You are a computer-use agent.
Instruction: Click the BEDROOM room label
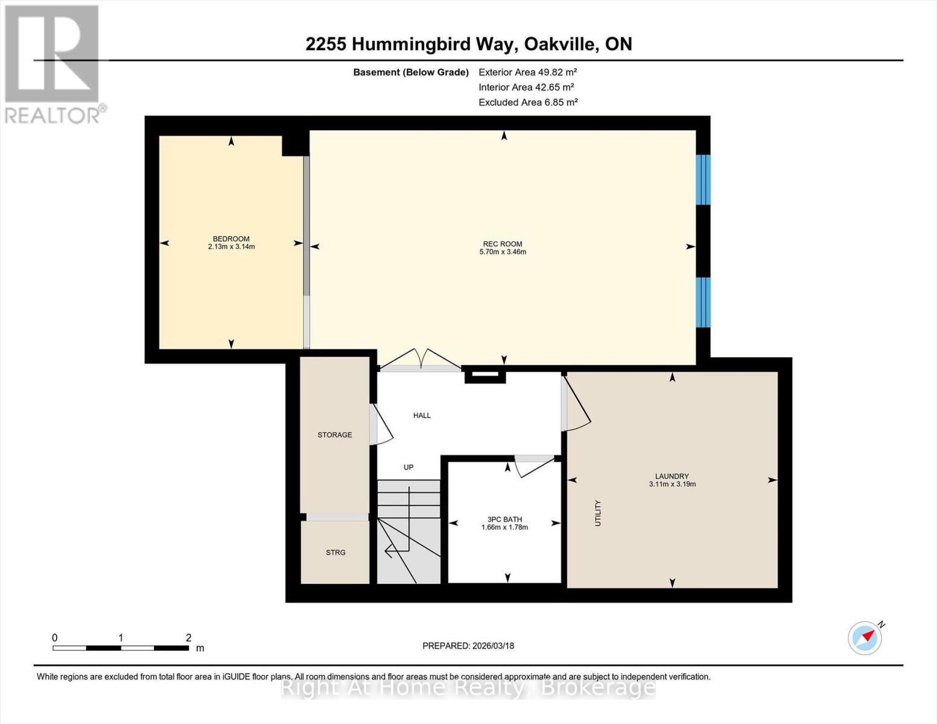point(231,239)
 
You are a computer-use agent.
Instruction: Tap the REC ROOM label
point(502,244)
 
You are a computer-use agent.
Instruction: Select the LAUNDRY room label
point(672,476)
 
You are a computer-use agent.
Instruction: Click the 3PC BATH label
point(504,519)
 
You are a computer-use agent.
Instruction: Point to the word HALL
point(422,416)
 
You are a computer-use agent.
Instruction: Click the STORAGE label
point(335,435)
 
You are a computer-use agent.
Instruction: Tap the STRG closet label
point(335,553)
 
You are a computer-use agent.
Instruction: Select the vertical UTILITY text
point(598,513)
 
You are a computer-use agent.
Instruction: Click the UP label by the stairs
point(408,468)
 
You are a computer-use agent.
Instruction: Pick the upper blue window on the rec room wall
point(703,180)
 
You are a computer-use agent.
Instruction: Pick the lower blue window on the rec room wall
point(703,302)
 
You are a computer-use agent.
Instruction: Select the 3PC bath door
point(535,465)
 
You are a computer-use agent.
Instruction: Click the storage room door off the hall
point(380,425)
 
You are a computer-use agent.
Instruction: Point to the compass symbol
point(865,638)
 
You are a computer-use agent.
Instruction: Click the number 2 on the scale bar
point(188,638)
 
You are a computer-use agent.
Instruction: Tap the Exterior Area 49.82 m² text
point(527,72)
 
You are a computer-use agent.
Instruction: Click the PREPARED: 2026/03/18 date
point(468,646)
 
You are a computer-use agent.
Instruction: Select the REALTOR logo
point(53,63)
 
